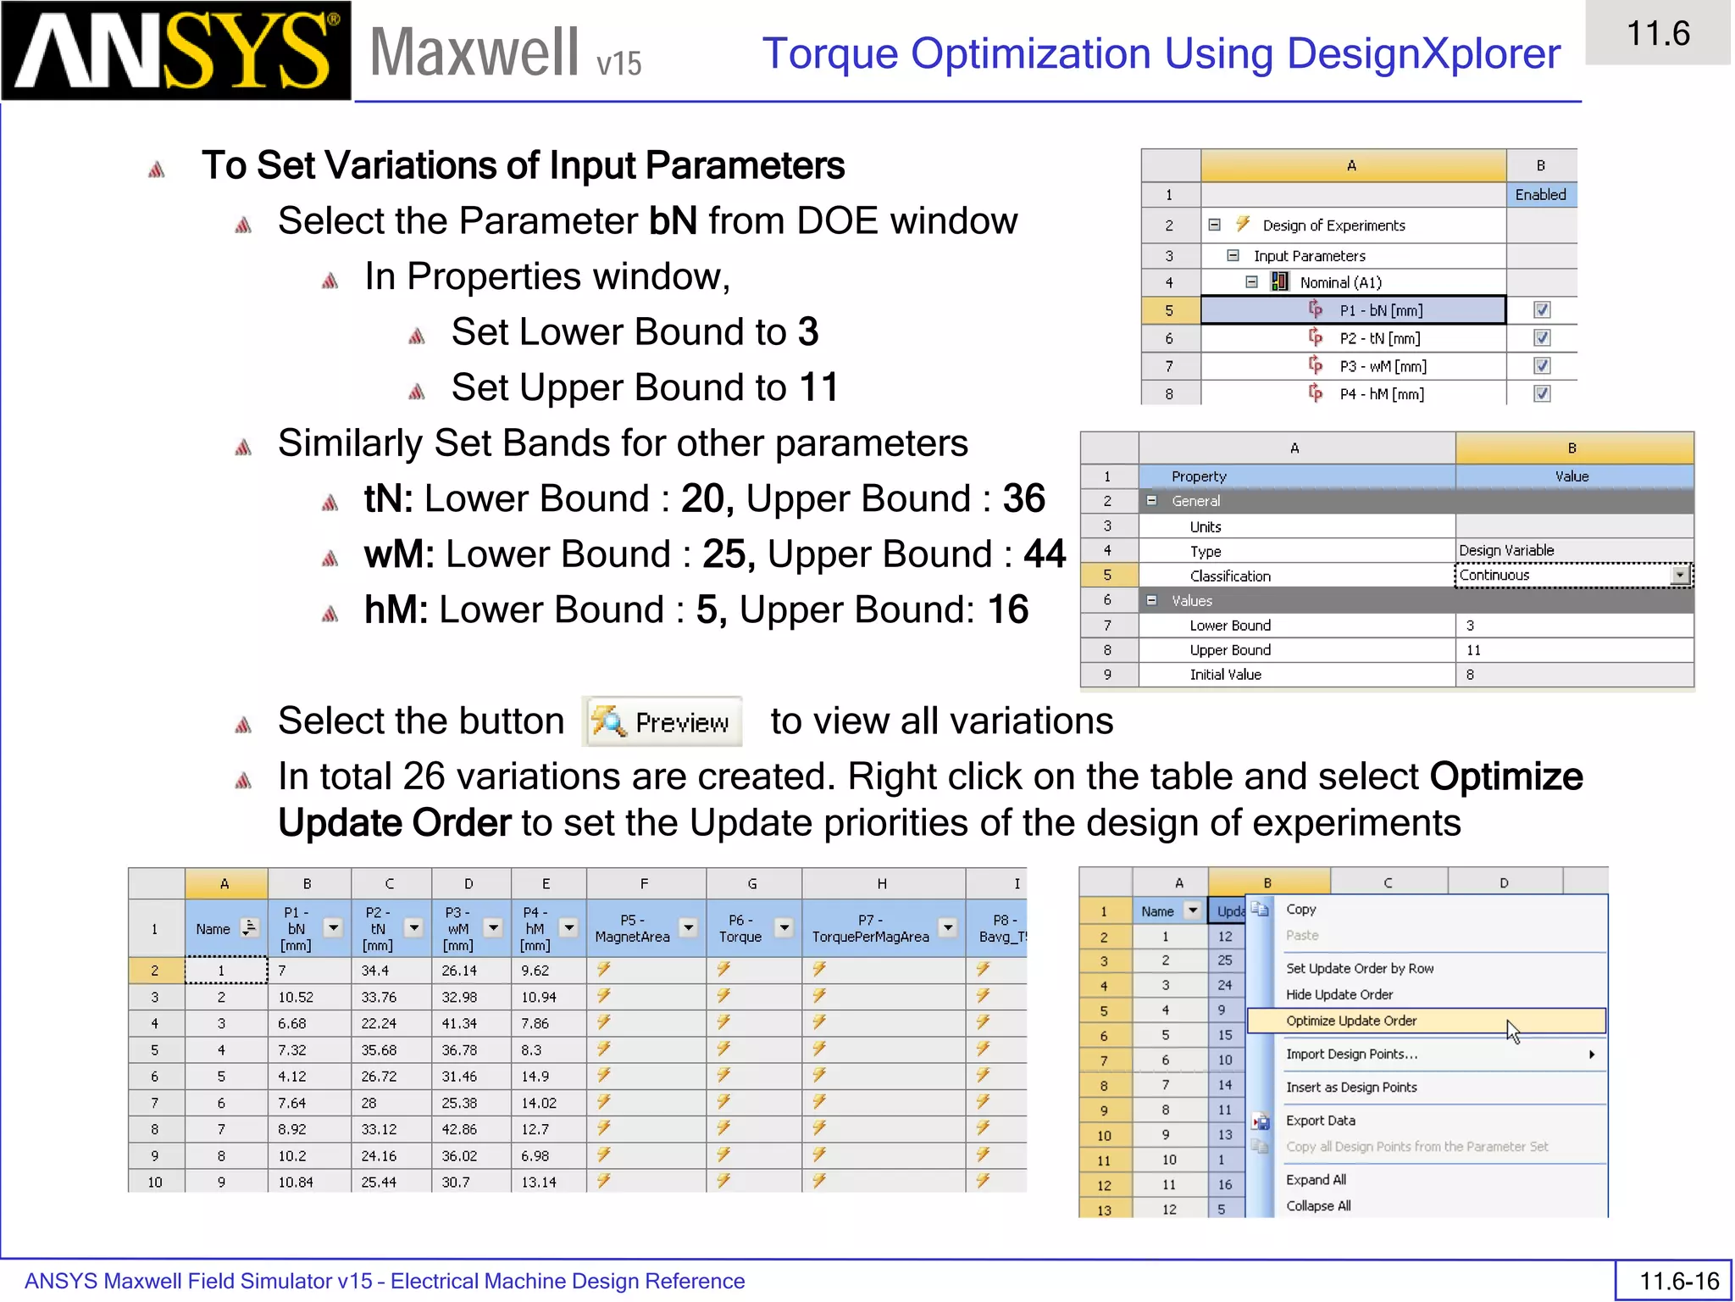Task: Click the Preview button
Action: point(662,722)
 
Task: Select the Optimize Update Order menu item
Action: point(1351,1021)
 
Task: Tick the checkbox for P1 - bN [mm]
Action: point(1542,310)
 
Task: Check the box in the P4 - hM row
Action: point(1542,394)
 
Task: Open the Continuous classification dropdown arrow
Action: point(1679,576)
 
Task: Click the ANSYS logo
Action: point(176,51)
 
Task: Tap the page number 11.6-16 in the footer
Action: point(1678,1280)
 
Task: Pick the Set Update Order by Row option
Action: point(1359,968)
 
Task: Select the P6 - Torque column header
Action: point(740,928)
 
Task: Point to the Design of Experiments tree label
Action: point(1333,225)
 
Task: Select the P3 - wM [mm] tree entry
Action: point(1383,366)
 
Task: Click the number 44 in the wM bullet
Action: point(1045,554)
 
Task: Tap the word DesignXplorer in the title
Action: point(1423,54)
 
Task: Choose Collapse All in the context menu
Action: point(1318,1205)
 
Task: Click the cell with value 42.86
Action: point(459,1129)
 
